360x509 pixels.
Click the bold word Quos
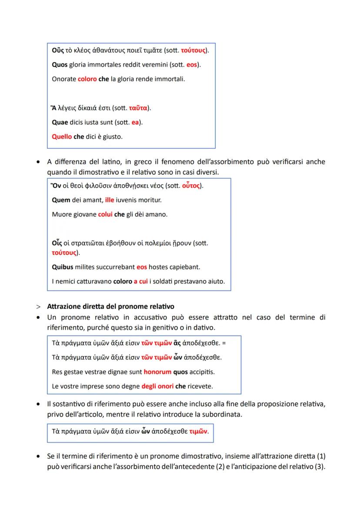point(60,65)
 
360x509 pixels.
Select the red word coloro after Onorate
point(87,79)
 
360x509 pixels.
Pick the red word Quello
point(62,136)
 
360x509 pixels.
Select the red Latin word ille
point(110,200)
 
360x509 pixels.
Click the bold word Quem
point(61,200)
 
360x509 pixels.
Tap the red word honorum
point(157,372)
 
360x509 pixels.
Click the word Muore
point(61,214)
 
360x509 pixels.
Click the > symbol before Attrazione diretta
point(38,306)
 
